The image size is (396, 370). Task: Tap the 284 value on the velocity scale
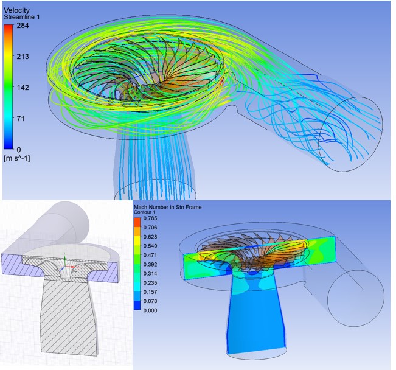(23, 26)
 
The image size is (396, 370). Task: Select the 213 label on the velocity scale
(23, 57)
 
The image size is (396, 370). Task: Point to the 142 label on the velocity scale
(23, 88)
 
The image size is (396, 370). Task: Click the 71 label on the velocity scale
(21, 119)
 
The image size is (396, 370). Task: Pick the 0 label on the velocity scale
(19, 150)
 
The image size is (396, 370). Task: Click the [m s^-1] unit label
(16, 158)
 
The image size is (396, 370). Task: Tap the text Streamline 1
(21, 17)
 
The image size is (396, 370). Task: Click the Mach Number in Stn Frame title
(168, 208)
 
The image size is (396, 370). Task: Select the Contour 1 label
(144, 212)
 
